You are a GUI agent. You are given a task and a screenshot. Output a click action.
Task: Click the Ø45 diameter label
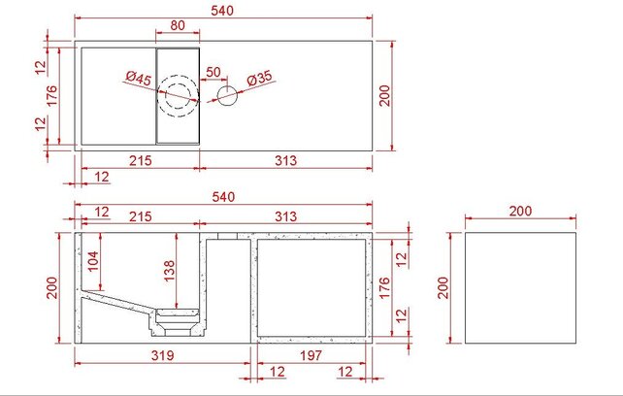click(137, 79)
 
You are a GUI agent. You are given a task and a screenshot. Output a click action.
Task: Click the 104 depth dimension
click(93, 260)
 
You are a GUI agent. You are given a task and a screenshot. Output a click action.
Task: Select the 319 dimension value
click(162, 356)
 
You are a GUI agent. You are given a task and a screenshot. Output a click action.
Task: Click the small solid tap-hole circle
click(227, 96)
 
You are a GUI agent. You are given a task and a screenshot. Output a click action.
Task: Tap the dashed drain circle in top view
click(180, 96)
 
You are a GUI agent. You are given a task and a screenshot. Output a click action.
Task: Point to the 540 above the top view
click(224, 10)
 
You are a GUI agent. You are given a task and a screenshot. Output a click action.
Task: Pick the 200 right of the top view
click(385, 96)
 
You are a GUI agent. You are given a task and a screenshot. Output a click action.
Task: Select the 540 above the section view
click(224, 197)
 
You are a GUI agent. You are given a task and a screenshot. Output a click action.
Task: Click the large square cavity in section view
click(311, 287)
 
